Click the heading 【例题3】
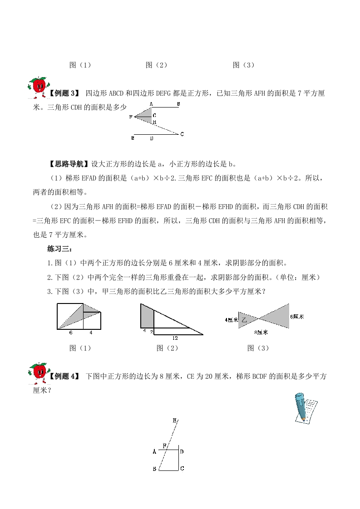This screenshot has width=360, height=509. [x=64, y=93]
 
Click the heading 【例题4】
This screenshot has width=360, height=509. [x=64, y=376]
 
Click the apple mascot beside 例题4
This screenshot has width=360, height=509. [x=38, y=370]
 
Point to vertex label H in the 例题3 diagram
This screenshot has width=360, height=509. [x=154, y=122]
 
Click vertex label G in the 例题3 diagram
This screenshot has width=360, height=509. [x=154, y=115]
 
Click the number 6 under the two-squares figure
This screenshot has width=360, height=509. [x=71, y=333]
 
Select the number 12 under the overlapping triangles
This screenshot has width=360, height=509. [x=175, y=338]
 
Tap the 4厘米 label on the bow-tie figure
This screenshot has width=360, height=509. [x=231, y=320]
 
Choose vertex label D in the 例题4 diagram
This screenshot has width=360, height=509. [x=182, y=452]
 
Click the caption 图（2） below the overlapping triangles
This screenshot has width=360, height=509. [x=168, y=348]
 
